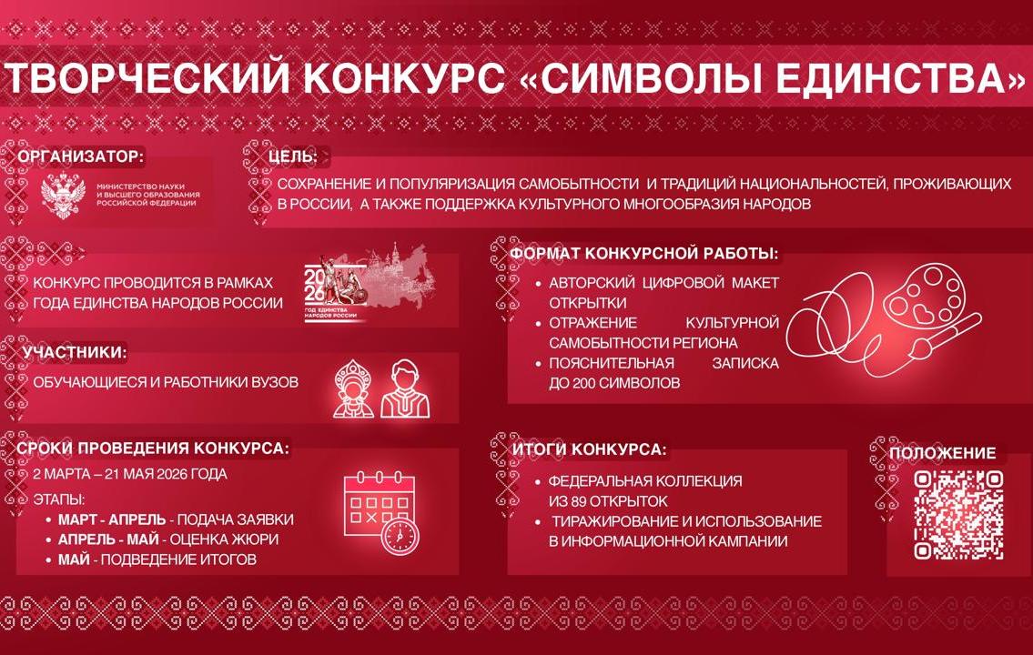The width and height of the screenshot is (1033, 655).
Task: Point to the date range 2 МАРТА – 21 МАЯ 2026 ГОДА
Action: coord(130,474)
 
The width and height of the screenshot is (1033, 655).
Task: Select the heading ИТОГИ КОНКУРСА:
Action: coord(590,449)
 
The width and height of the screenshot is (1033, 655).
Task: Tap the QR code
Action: coord(959,514)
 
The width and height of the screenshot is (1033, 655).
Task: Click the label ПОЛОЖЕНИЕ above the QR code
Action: coord(942,453)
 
